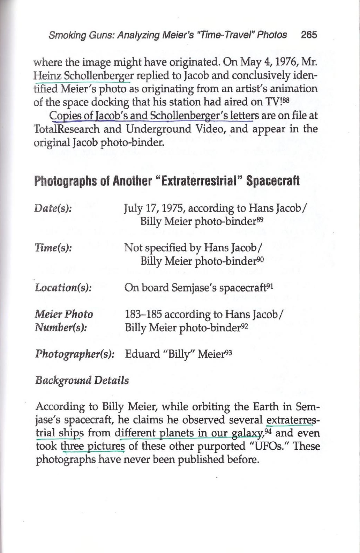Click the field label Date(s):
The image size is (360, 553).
click(x=53, y=208)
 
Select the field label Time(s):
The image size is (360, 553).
click(x=53, y=248)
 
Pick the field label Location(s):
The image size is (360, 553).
click(x=63, y=288)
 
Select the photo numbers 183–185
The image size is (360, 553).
click(x=143, y=315)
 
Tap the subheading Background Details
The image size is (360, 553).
click(x=82, y=380)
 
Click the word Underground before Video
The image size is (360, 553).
click(x=152, y=129)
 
